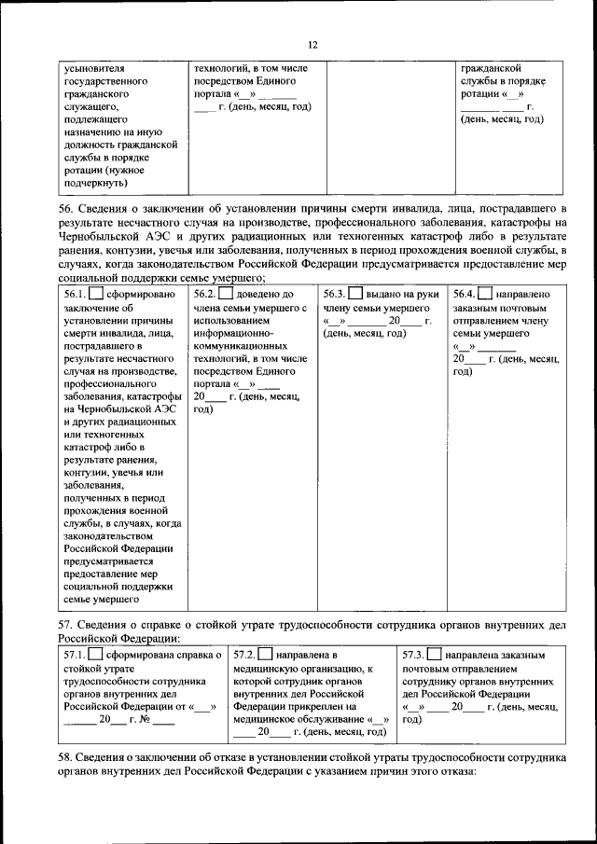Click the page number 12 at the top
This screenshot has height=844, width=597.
coord(312,45)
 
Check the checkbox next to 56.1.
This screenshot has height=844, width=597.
coord(93,295)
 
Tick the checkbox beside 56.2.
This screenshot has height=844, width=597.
coord(225,295)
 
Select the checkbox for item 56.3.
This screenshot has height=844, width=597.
coord(354,295)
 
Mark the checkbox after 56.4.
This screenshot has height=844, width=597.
coord(484,295)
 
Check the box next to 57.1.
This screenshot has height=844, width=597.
coord(94,655)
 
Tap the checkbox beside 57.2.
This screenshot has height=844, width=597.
coord(265,655)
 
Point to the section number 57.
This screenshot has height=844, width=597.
coord(66,624)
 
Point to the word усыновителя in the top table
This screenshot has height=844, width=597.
coord(95,69)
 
